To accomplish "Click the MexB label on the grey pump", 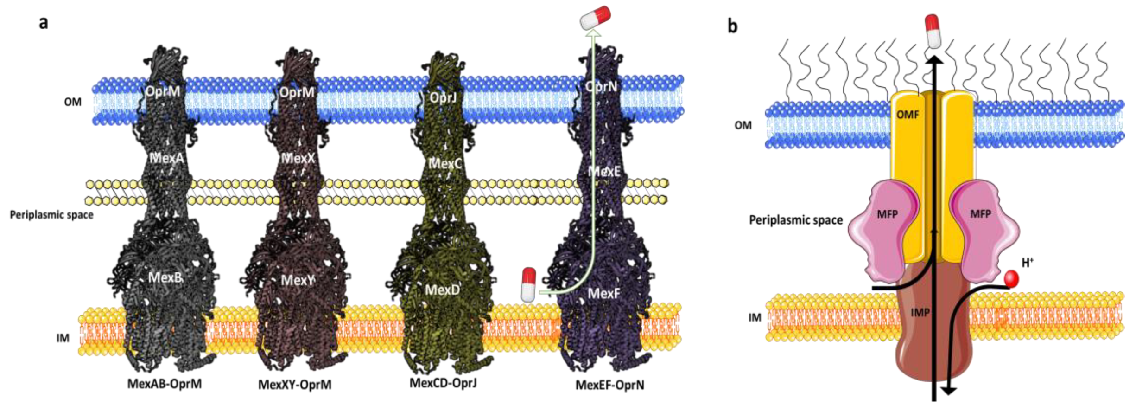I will coord(165,277).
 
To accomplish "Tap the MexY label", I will coord(298,280).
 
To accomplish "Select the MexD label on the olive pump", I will coord(443,290).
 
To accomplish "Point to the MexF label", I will coord(603,293).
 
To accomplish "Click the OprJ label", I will coord(443,98).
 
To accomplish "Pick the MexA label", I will coord(166,158).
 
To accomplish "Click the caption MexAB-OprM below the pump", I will coord(165,384).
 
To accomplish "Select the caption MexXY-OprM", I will coord(295,385).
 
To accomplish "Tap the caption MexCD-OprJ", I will coord(443,383).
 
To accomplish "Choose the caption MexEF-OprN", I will coord(609,385).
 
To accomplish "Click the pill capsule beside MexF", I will coord(528,284).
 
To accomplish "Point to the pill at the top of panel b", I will coord(932,31).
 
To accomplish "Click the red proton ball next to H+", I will coord(1011,279).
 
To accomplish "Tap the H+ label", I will coord(1028,263).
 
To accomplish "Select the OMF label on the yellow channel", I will coord(908,114).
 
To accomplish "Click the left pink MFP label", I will coord(887,214).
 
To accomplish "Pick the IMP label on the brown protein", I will coord(920,313).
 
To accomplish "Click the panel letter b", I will coord(732,26).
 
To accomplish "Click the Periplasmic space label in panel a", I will coord(51,215).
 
